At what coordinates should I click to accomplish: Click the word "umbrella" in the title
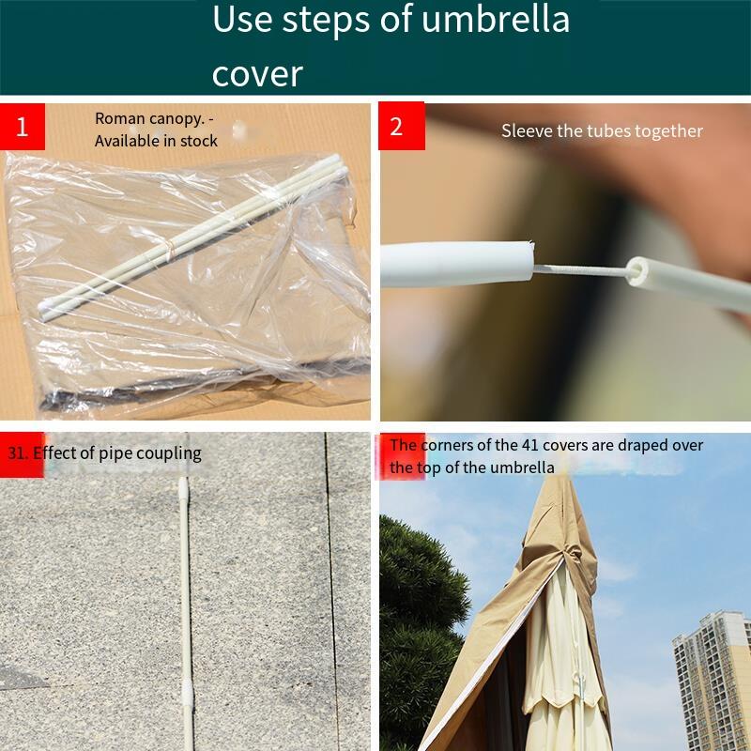coord(496,19)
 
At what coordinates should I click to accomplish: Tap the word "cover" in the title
coord(257,74)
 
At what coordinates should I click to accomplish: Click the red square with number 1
coord(22,127)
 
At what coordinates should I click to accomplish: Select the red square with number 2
coord(402,126)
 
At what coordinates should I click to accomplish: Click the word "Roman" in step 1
coord(120,118)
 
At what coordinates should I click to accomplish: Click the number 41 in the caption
coord(530,445)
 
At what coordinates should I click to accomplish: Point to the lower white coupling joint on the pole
coord(189,695)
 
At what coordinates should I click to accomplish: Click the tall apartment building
coord(712,680)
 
